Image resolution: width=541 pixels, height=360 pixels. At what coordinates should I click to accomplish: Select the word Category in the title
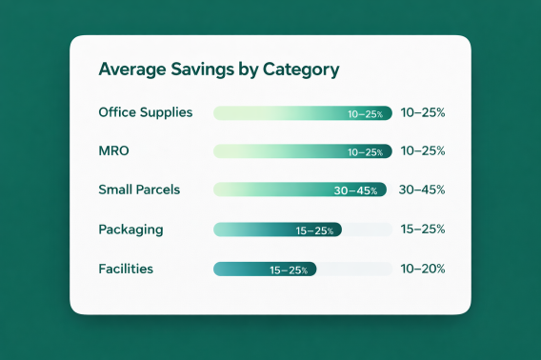[299, 70]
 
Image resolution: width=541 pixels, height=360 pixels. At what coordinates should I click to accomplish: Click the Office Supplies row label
[145, 112]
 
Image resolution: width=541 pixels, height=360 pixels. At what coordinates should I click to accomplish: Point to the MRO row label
[113, 150]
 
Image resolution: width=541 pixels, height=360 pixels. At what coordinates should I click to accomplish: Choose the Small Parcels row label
[139, 190]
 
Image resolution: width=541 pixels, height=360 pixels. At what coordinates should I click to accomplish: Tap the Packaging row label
[130, 230]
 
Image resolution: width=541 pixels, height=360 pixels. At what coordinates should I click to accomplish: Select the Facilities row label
[126, 270]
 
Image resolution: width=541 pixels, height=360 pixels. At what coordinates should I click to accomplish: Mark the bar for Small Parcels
[299, 190]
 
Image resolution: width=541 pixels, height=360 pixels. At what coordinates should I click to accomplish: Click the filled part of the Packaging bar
[277, 230]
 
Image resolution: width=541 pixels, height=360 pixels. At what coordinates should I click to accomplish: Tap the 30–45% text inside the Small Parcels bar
[355, 190]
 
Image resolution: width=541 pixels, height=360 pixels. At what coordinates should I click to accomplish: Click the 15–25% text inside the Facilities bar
[289, 270]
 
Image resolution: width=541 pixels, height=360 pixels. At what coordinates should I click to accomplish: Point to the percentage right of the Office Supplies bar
[423, 112]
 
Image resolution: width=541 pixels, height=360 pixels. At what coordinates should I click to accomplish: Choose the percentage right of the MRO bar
[423, 150]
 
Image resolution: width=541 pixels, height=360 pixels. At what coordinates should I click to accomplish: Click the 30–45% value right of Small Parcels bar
[423, 190]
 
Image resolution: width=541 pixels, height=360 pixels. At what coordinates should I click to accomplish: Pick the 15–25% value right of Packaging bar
[423, 230]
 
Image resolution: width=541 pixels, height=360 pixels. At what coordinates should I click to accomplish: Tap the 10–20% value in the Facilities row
[423, 270]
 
